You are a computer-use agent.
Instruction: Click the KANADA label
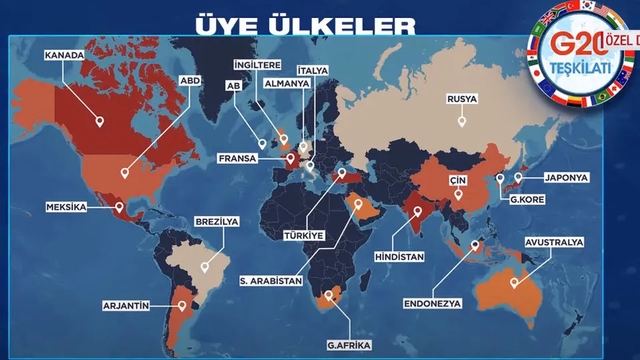[64, 55]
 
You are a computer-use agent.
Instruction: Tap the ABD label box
[190, 81]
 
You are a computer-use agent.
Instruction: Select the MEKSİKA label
[67, 207]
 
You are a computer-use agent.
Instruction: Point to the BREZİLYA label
[217, 221]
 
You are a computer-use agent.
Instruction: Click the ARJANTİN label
[125, 306]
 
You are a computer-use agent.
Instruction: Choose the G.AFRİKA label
[349, 345]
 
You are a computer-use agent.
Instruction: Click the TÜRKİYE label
[303, 235]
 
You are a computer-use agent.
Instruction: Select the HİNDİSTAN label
[400, 256]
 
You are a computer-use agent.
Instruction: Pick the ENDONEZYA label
[432, 303]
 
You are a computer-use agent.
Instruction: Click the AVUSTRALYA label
[554, 242]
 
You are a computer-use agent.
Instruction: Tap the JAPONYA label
[566, 178]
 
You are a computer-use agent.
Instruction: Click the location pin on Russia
[461, 121]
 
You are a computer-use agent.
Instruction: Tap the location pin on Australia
[514, 282]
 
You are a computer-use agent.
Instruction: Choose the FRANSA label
[237, 159]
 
